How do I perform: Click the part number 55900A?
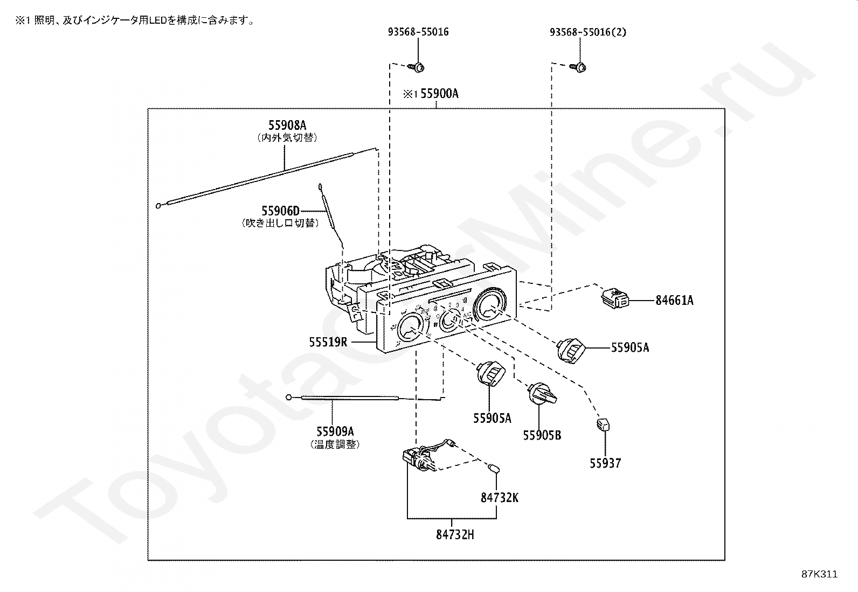pyautogui.click(x=439, y=94)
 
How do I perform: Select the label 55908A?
pyautogui.click(x=287, y=126)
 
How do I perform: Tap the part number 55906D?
pyautogui.click(x=280, y=211)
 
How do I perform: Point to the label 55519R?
pyautogui.click(x=328, y=342)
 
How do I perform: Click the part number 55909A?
pyautogui.click(x=335, y=431)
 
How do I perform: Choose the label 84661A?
pyautogui.click(x=674, y=301)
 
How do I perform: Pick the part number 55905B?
pyautogui.click(x=542, y=435)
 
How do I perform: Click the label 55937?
pyautogui.click(x=605, y=463)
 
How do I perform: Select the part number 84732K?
pyautogui.click(x=500, y=498)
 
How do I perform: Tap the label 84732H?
pyautogui.click(x=455, y=535)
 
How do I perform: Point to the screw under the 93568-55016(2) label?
pyautogui.click(x=580, y=67)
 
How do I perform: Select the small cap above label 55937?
pyautogui.click(x=602, y=425)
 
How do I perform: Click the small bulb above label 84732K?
pyautogui.click(x=493, y=469)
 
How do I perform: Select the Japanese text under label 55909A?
pyautogui.click(x=335, y=444)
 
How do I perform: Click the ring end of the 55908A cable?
pyautogui.click(x=158, y=205)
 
